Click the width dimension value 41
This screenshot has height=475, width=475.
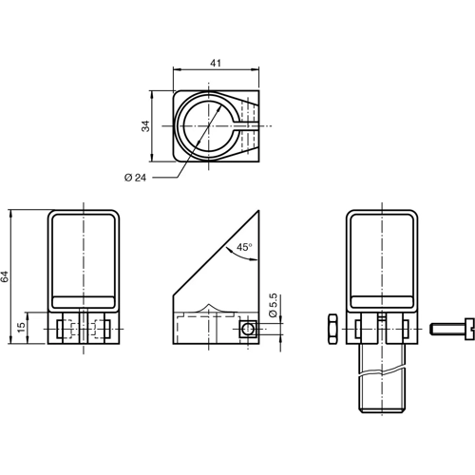tap(216, 63)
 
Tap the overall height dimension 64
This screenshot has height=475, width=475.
tap(6, 275)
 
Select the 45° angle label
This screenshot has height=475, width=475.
tap(244, 248)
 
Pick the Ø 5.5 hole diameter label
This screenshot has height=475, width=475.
tap(273, 306)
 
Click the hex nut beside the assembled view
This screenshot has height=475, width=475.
tap(332, 328)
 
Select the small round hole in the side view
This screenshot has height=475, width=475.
tap(246, 328)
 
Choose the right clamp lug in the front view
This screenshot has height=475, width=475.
tap(105, 329)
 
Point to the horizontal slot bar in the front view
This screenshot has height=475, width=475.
tap(85, 301)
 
